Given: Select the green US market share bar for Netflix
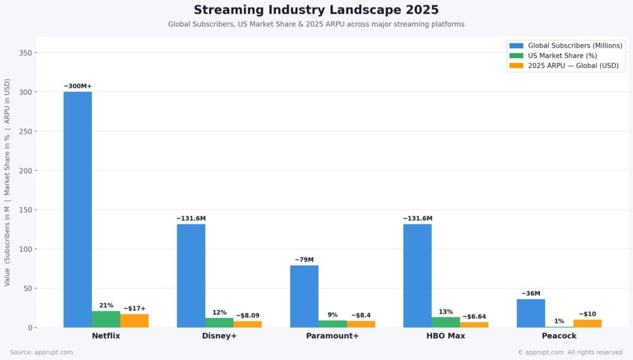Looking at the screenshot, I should click(x=106, y=319).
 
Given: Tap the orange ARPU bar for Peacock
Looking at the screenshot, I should click(x=587, y=324).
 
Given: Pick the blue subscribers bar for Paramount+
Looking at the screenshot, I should click(x=304, y=296).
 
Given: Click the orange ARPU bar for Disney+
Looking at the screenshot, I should click(x=247, y=324).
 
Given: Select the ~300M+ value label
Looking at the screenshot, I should click(x=77, y=86).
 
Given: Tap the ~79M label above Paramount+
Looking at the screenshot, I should click(x=304, y=260).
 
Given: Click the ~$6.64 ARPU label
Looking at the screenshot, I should click(x=474, y=317).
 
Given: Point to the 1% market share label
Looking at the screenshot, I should click(x=559, y=321).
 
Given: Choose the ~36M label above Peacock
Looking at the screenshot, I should click(x=530, y=294).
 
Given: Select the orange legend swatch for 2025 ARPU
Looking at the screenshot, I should click(x=516, y=66).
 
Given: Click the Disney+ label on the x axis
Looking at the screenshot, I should click(x=219, y=336).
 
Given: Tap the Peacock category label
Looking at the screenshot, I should click(x=559, y=336).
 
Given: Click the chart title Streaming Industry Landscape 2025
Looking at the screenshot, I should click(x=316, y=10).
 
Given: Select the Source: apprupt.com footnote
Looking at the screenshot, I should click(x=41, y=352).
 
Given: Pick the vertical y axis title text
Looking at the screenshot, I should click(x=7, y=182).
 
